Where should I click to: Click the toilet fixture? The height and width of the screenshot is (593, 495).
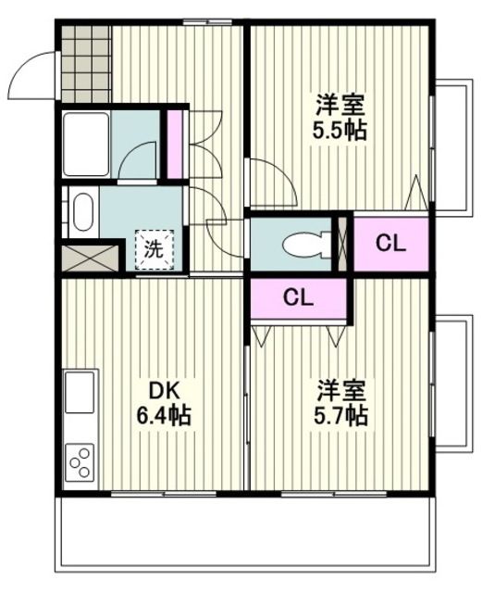[x=301, y=245]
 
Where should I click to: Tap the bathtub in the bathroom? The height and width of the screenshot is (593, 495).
[x=85, y=144]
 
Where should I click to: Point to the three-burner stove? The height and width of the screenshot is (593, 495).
[x=80, y=461]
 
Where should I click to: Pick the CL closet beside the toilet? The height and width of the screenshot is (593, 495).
[x=390, y=244]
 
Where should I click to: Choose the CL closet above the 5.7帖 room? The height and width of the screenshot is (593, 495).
[x=298, y=297]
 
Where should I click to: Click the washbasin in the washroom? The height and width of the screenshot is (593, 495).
[x=82, y=211]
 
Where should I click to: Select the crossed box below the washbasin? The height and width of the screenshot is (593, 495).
[x=91, y=256]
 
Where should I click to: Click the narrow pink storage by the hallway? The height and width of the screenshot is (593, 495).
[x=173, y=145]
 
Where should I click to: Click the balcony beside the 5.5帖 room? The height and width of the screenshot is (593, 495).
[x=452, y=145]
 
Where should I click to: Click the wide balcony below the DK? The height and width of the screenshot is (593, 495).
[x=245, y=542]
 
